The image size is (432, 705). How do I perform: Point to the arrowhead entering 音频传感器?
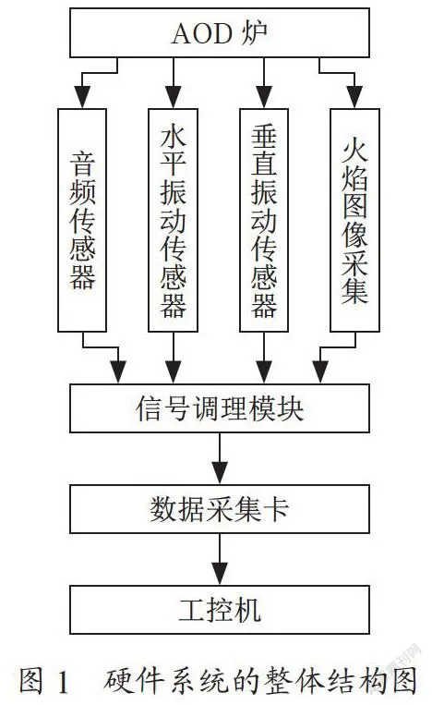(82, 97)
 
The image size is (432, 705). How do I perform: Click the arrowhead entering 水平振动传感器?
(174, 97)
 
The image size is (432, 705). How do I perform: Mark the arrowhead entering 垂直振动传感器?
(264, 97)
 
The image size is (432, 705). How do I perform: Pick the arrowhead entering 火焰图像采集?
(354, 97)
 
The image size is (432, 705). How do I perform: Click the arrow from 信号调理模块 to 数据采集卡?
(220, 458)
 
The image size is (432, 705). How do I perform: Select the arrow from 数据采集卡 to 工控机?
(220, 559)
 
